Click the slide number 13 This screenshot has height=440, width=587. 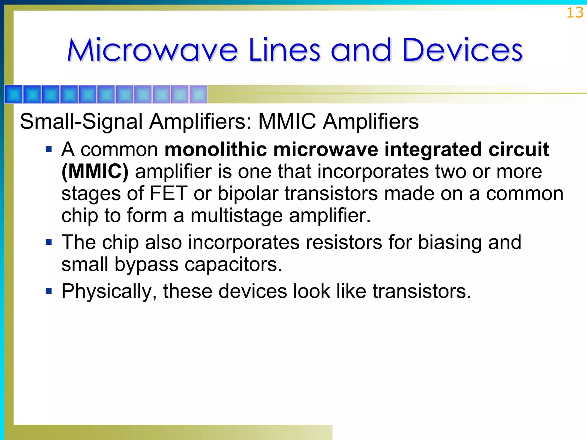575,13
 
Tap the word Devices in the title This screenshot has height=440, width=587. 462,50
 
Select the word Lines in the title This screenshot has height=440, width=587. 284,50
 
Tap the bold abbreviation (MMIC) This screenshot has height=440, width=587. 95,172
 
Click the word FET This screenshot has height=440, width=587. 169,193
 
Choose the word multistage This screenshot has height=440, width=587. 236,215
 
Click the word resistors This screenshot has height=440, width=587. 344,242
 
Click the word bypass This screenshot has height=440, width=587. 146,264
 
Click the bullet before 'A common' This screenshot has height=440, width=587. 49,149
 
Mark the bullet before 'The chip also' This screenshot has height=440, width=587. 49,242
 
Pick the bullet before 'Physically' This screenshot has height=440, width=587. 49,291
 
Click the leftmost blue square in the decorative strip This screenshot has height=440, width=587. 14,94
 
